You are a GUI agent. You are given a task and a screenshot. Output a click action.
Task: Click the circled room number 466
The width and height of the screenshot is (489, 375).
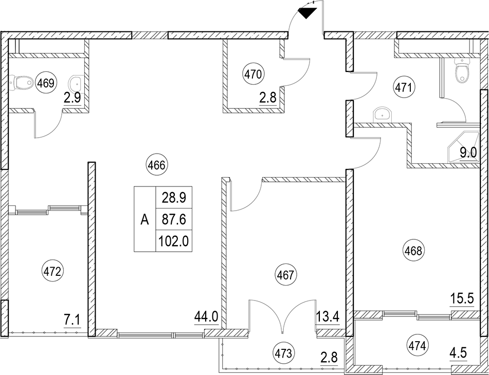156,165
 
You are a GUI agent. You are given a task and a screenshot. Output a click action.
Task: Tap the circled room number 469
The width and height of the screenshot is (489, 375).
46,83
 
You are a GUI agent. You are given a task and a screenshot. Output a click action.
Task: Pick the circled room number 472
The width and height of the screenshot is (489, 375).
52,272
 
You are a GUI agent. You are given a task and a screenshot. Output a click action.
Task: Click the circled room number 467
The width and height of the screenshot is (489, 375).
286,275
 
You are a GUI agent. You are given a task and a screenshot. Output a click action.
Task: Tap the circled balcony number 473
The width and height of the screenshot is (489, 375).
283,353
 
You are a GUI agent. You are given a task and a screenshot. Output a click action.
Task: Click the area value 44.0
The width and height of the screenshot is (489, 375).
206,317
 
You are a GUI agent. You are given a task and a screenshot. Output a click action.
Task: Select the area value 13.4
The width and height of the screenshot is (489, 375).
328,317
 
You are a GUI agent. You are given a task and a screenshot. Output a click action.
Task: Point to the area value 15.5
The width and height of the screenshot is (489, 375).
462,299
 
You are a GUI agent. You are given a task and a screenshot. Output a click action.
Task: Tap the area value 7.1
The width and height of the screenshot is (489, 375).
73,321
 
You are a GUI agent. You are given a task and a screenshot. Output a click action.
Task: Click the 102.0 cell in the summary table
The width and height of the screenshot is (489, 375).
174,241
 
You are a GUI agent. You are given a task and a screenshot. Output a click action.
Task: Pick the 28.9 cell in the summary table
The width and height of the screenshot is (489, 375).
174,197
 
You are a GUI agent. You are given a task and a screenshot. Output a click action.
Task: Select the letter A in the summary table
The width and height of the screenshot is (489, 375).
144,220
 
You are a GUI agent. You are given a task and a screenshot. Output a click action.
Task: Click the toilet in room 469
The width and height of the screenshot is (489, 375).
21,82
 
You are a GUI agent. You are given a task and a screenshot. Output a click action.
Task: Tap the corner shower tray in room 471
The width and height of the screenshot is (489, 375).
463,147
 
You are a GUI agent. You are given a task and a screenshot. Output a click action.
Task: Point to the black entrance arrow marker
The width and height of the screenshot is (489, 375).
307,13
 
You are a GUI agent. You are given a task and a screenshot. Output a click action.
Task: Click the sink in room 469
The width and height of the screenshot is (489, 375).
75,83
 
